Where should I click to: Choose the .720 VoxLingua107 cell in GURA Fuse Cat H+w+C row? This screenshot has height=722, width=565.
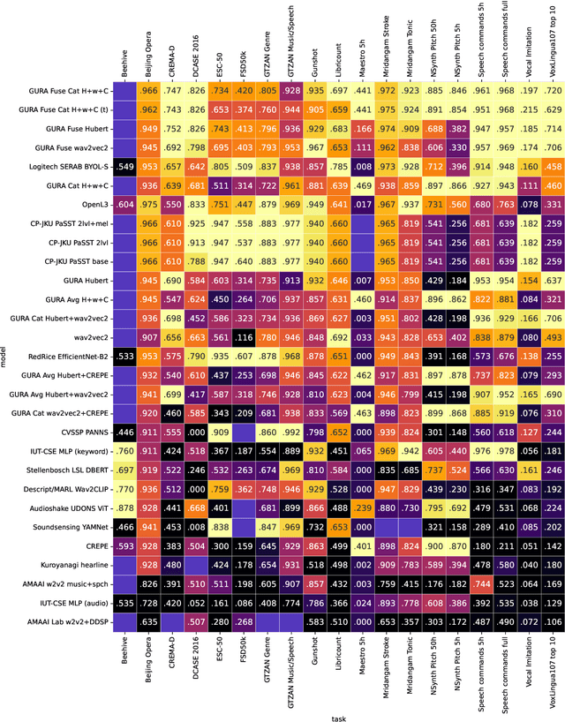553,90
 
